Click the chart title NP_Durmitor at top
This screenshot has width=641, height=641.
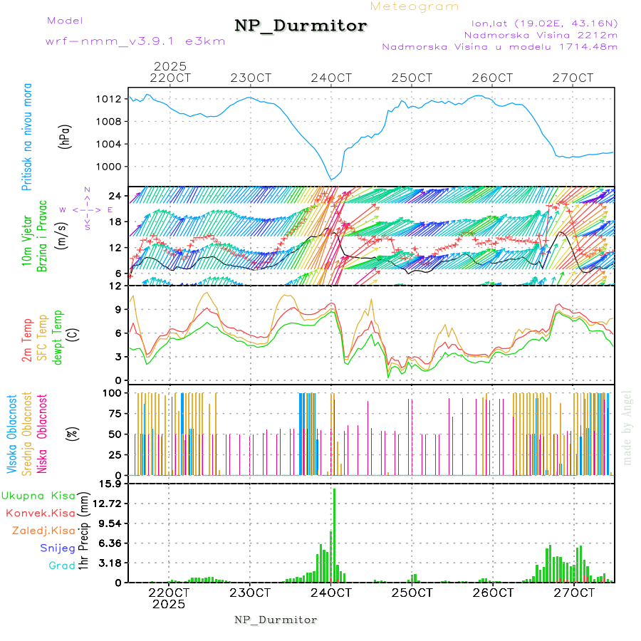point(301,26)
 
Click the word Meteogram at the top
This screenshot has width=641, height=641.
point(415,6)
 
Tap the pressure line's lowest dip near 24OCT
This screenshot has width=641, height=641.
point(330,179)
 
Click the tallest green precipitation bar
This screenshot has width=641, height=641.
point(334,534)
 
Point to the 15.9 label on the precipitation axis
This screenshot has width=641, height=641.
point(111,484)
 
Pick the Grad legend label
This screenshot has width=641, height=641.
point(61,566)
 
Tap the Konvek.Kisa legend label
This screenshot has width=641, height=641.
point(40,513)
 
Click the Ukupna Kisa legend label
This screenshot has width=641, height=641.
point(38,495)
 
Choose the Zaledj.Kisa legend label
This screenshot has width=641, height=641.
point(43,531)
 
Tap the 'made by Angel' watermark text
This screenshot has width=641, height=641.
point(627,427)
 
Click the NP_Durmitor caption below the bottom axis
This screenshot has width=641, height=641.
point(276,620)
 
